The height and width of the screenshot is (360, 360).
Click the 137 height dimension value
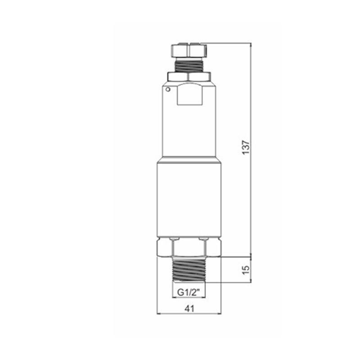pyautogui.click(x=246, y=147)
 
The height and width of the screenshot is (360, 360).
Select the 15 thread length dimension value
pyautogui.click(x=246, y=270)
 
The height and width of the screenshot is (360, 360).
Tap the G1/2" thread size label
pyautogui.click(x=188, y=292)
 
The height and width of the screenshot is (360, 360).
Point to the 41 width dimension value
pyautogui.click(x=189, y=309)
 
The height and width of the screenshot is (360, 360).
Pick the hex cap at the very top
pyautogui.click(x=189, y=50)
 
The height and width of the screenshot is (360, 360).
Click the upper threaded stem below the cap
pyautogui.click(x=189, y=65)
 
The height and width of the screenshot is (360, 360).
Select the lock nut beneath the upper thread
pyautogui.click(x=189, y=76)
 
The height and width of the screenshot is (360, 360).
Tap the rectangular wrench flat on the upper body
pyautogui.click(x=190, y=94)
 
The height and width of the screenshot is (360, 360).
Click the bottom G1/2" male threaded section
pyautogui.click(x=189, y=270)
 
